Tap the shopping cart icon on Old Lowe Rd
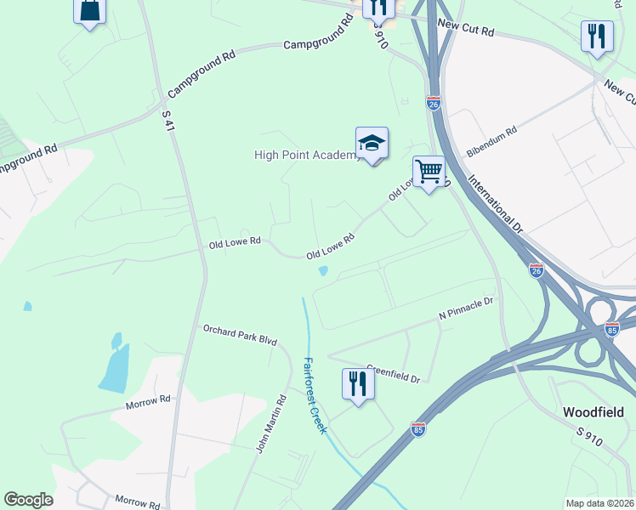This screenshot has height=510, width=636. click(429, 173)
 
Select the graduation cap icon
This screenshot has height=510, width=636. click(372, 144)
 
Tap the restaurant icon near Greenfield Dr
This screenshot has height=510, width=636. click(358, 385)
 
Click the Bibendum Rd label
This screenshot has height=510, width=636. click(491, 143)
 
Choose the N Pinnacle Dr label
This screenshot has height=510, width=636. click(466, 308)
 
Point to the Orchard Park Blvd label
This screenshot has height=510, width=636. click(240, 334)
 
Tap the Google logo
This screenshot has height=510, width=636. click(28, 500)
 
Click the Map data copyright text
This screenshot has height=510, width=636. click(600, 503)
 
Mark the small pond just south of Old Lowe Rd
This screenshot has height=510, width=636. click(323, 271)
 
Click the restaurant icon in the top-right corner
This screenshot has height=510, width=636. click(597, 37)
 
